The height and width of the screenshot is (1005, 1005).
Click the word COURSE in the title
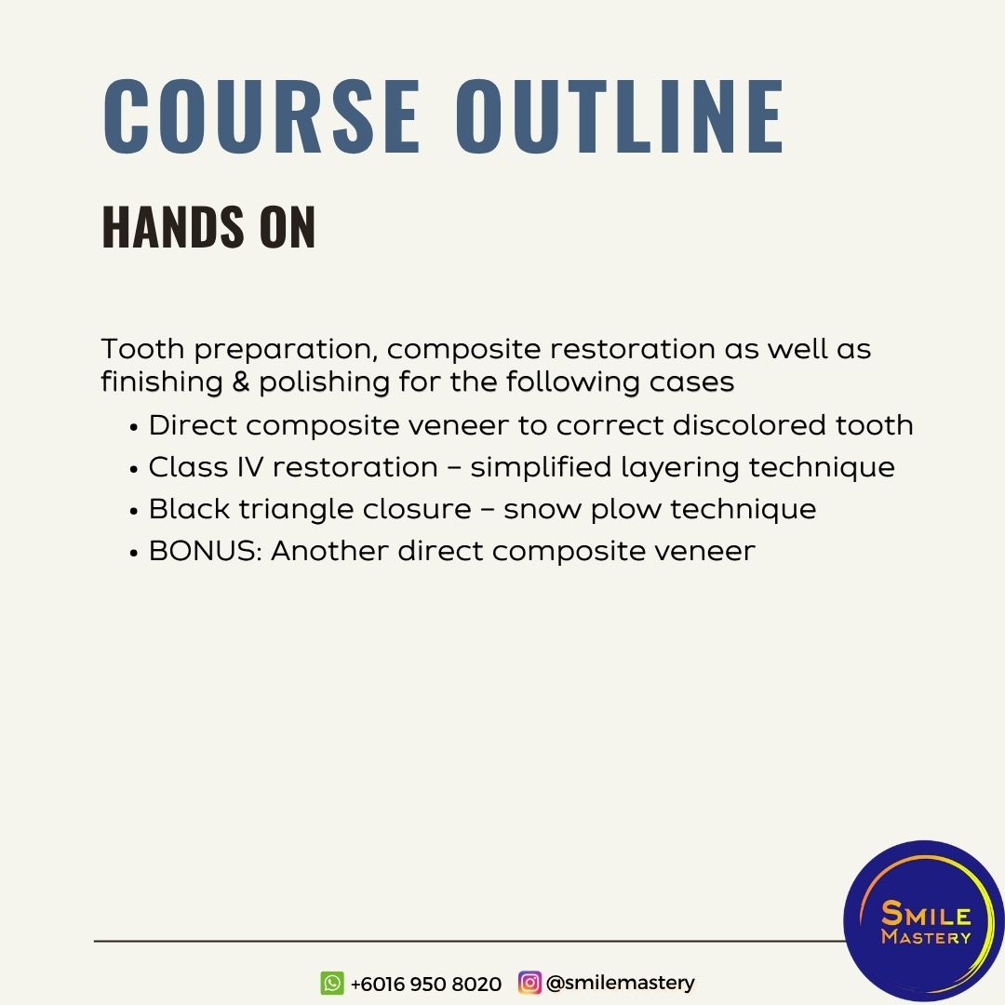point(261,116)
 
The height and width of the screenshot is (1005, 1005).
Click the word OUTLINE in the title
point(620,116)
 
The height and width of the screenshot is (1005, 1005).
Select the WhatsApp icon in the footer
point(332,983)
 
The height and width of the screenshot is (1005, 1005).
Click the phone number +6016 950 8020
point(426,984)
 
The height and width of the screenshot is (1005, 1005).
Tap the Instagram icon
point(529,982)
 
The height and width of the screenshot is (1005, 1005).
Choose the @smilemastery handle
point(621,983)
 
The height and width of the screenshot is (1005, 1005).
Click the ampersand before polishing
point(240,382)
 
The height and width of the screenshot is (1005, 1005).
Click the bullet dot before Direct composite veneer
point(133,427)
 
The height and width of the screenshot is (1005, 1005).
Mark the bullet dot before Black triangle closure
point(133,512)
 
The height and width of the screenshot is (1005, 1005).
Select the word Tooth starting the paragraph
point(142,349)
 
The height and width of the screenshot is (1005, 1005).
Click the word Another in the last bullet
point(328,551)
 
